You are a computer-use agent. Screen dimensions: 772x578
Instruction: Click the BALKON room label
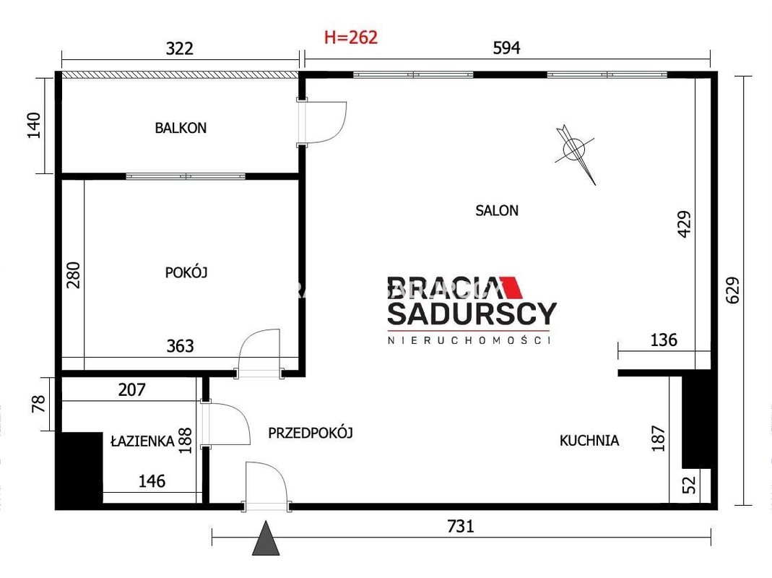(x=181, y=128)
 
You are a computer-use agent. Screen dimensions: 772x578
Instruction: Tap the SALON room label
(x=497, y=211)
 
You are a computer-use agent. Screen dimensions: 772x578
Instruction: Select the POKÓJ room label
(x=186, y=272)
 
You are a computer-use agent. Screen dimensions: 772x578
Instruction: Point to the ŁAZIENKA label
(x=142, y=441)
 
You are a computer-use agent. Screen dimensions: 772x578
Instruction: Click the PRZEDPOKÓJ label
(x=311, y=433)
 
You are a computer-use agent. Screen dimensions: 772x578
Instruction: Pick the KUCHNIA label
(x=589, y=441)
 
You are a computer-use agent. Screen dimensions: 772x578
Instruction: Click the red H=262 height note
(x=351, y=38)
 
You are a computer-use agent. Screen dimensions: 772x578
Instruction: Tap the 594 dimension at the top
(x=507, y=48)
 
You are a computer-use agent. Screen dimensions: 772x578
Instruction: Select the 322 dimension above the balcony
(x=180, y=48)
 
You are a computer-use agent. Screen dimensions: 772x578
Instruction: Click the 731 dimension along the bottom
(x=461, y=526)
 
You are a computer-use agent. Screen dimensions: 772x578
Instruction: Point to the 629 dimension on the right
(x=732, y=290)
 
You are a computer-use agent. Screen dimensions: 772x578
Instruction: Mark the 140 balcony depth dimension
(x=34, y=125)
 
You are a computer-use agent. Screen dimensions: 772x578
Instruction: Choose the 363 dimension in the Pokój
(x=181, y=346)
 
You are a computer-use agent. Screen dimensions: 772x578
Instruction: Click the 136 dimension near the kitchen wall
(x=664, y=340)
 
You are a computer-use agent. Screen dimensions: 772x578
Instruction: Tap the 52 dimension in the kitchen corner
(x=691, y=484)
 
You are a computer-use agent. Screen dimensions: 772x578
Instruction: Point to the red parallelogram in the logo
(x=511, y=288)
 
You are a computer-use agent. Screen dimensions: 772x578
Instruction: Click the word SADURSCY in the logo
(x=472, y=314)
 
